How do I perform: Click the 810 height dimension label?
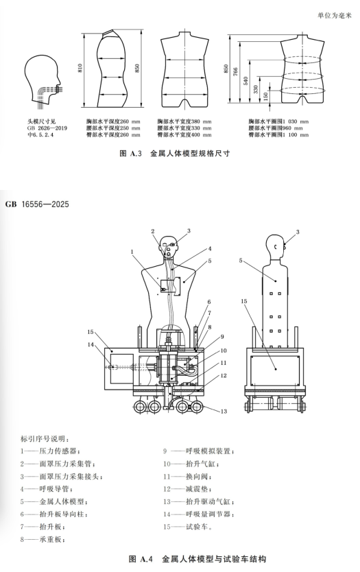click(80, 69)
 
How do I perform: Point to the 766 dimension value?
click(235, 72)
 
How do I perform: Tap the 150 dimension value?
click(266, 96)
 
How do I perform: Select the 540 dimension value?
click(245, 81)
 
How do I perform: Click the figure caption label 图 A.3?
click(130, 153)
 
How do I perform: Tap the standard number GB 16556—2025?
click(37, 204)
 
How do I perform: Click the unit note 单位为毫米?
click(335, 16)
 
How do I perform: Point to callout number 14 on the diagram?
click(91, 344)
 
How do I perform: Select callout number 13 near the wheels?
click(224, 411)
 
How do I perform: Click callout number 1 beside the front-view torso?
click(132, 251)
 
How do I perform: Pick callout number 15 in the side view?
click(243, 301)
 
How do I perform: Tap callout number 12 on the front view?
click(224, 375)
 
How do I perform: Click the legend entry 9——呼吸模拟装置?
click(199, 451)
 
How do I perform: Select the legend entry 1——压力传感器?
click(50, 451)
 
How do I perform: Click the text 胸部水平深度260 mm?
click(113, 121)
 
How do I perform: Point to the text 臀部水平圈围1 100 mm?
click(278, 134)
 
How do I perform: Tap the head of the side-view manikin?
click(276, 247)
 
